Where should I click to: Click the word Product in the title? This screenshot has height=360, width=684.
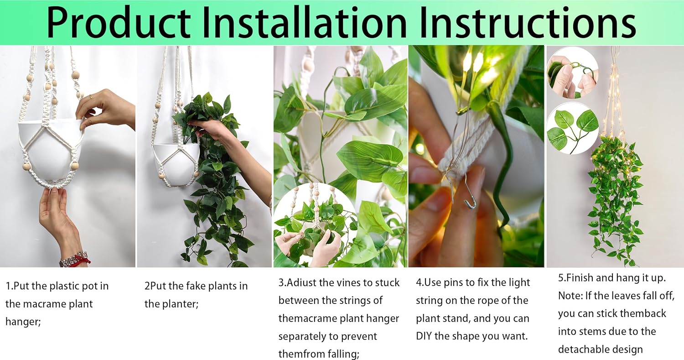click(118, 23)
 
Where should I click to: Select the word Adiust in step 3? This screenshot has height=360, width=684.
click(301, 283)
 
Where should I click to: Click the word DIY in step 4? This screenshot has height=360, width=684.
click(424, 336)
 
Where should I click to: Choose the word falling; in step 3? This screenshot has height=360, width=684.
click(344, 354)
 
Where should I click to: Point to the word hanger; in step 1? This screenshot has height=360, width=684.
click(23, 322)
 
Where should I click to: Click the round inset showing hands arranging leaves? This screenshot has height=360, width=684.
click(316, 224)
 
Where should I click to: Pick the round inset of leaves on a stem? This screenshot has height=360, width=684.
click(572, 128)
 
